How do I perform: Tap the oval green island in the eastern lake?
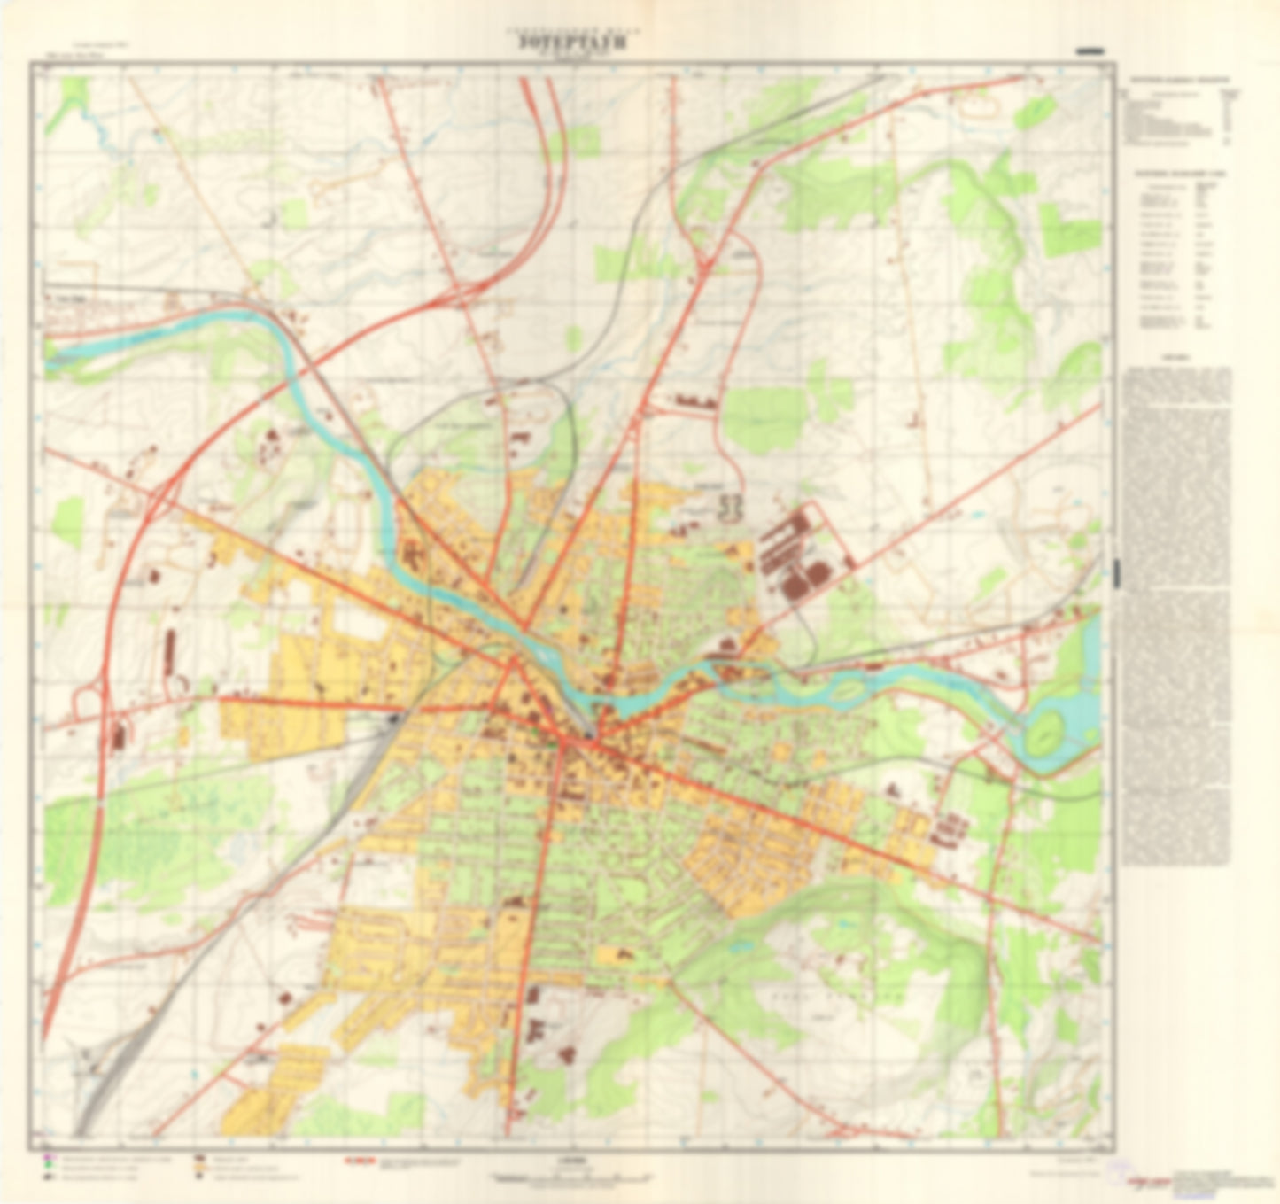point(1048,730)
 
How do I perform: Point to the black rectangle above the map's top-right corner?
point(1089,52)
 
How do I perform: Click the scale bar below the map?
point(574,1178)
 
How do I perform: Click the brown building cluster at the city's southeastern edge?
point(947,828)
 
